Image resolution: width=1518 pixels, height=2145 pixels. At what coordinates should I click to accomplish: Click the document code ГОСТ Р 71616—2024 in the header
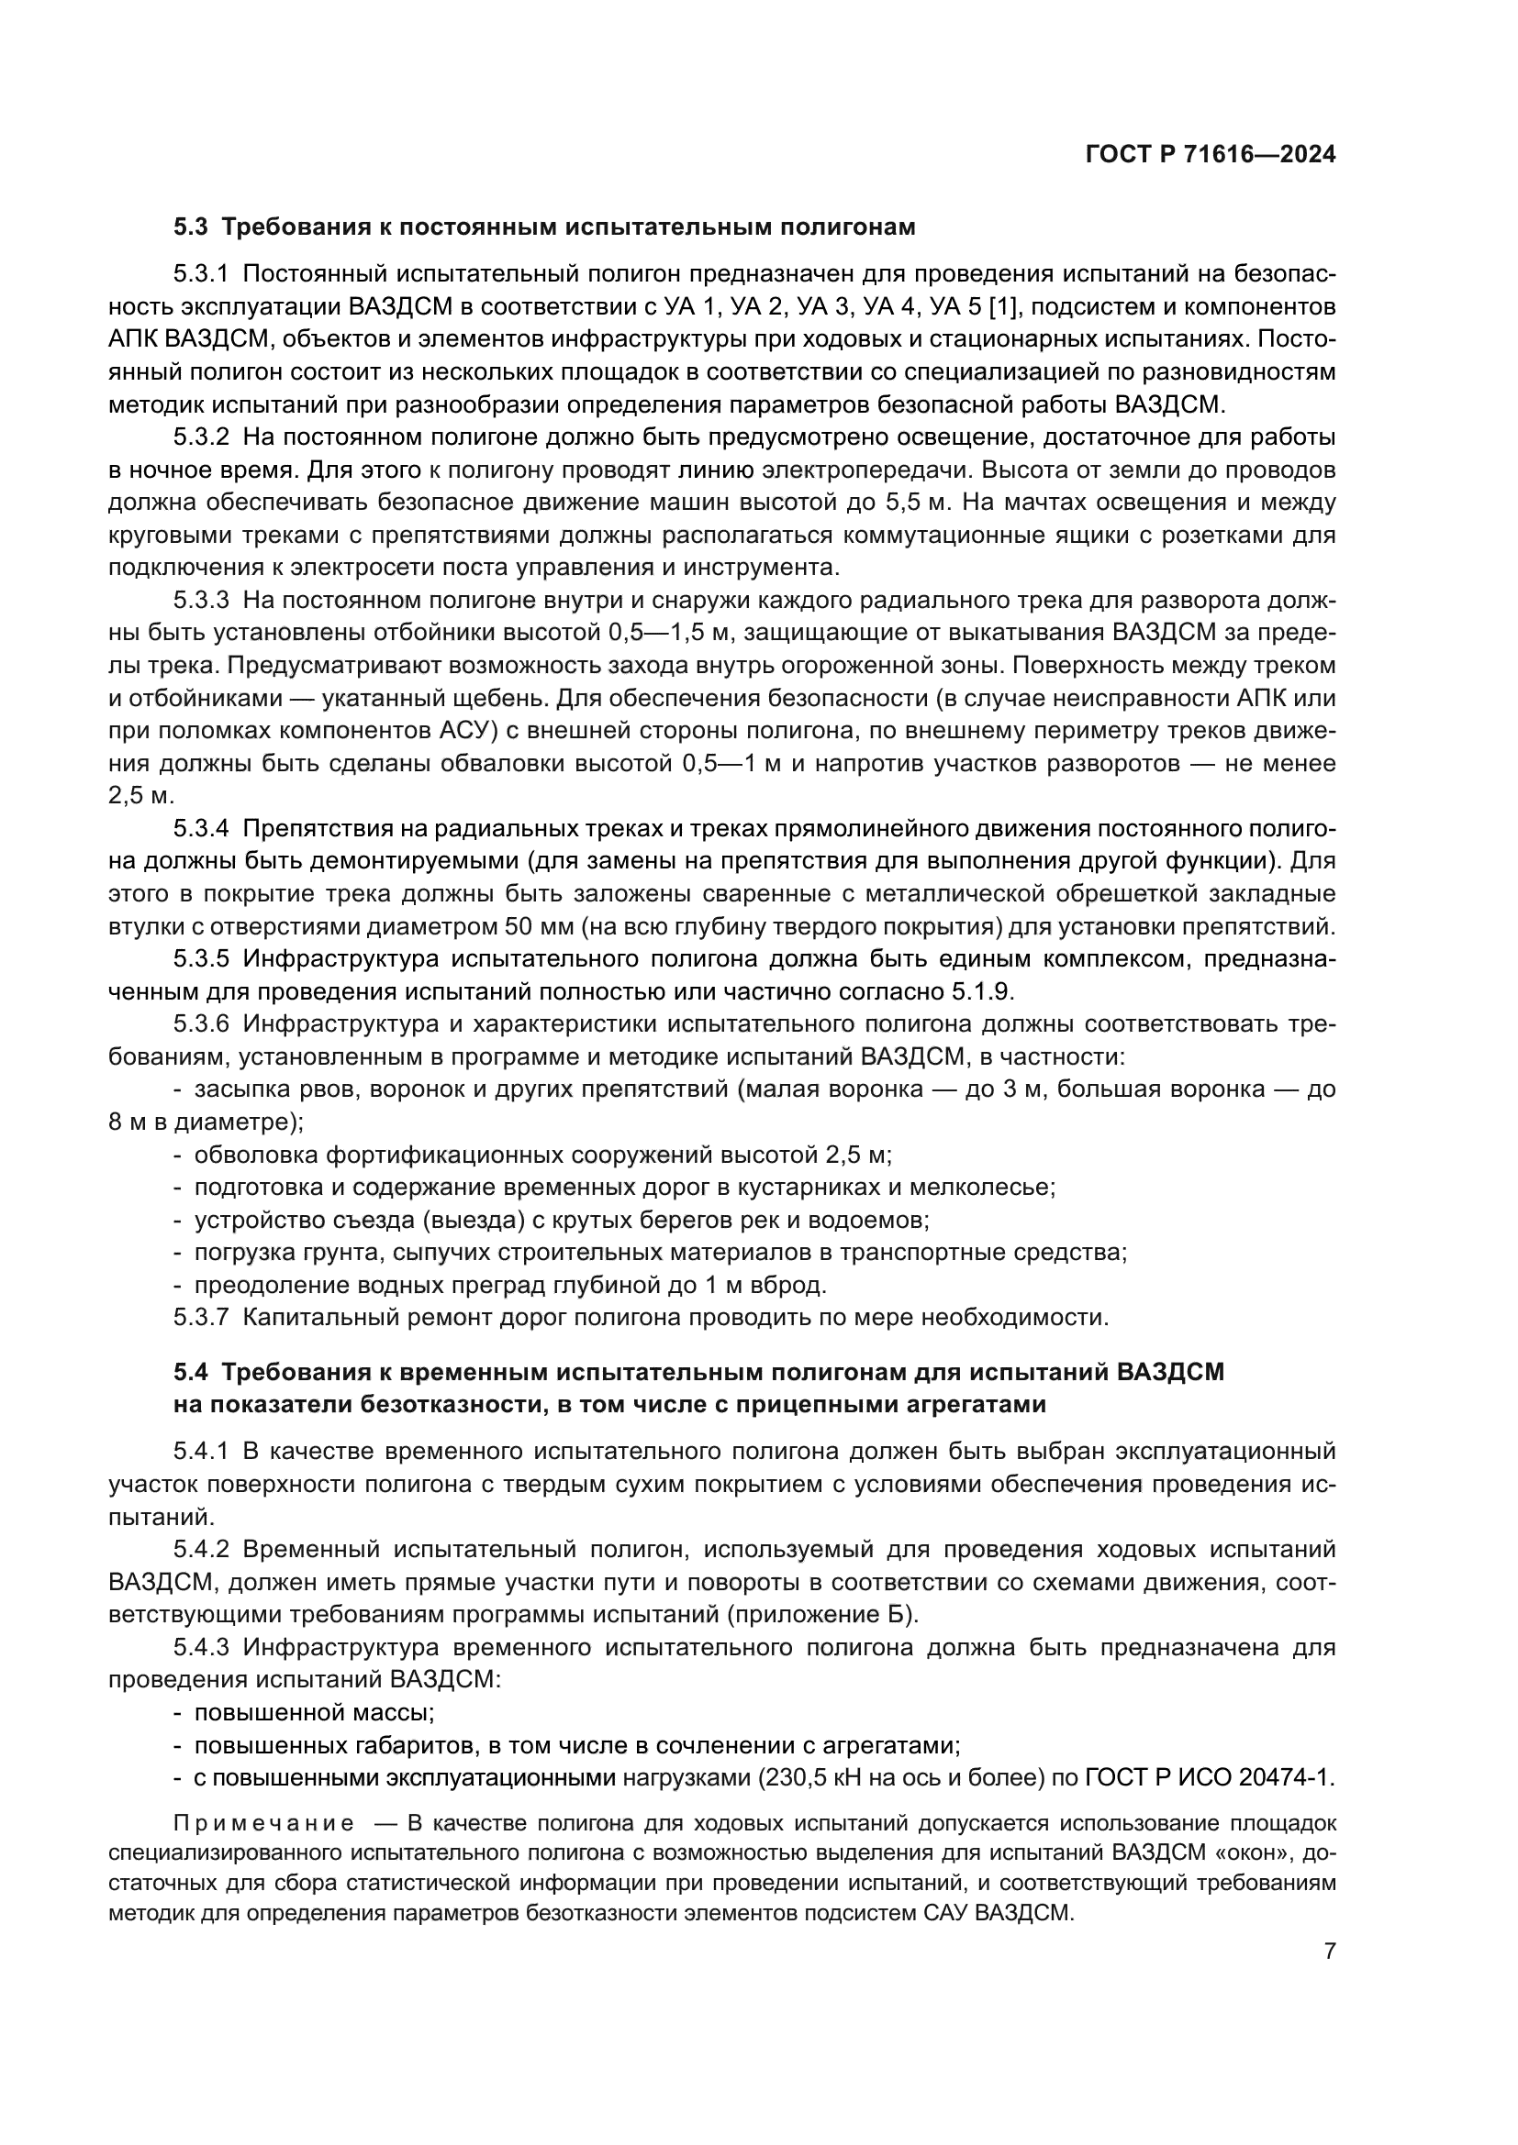1210,155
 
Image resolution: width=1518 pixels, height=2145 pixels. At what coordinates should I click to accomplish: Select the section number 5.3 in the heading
194,227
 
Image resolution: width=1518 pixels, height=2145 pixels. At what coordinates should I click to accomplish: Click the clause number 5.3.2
201,437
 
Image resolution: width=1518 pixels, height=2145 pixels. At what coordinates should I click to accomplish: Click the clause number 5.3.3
201,601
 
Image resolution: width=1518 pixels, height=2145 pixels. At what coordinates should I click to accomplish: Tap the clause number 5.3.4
201,829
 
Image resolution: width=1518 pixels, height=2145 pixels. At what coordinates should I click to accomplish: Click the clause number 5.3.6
201,1024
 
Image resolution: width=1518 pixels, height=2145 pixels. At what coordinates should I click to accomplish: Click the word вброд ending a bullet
792,1286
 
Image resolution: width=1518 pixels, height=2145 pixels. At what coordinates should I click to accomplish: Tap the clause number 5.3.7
201,1318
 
